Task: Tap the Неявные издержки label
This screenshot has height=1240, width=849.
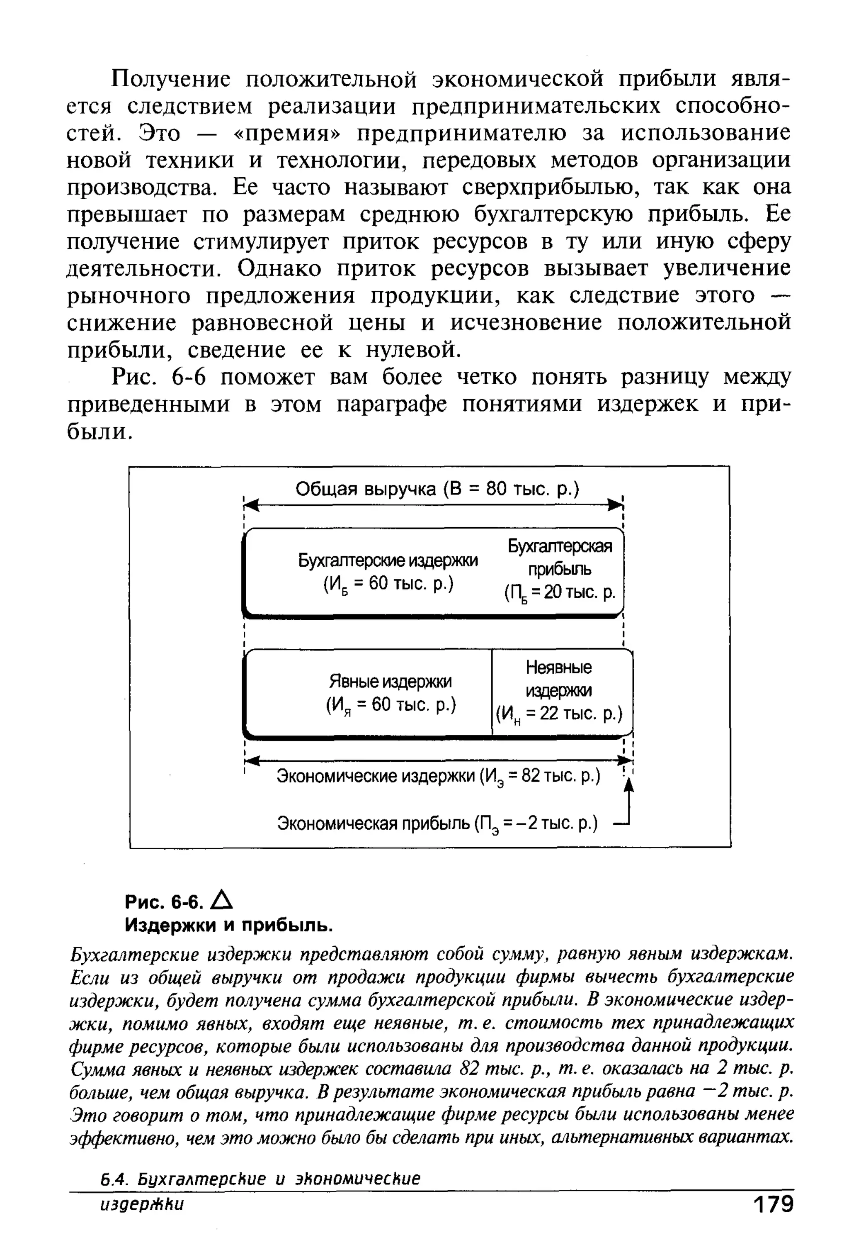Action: (559, 679)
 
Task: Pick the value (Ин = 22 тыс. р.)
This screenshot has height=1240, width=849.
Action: (559, 714)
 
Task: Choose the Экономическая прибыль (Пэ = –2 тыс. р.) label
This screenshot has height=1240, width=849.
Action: (437, 824)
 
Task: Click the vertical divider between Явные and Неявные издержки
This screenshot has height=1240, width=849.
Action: (492, 692)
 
